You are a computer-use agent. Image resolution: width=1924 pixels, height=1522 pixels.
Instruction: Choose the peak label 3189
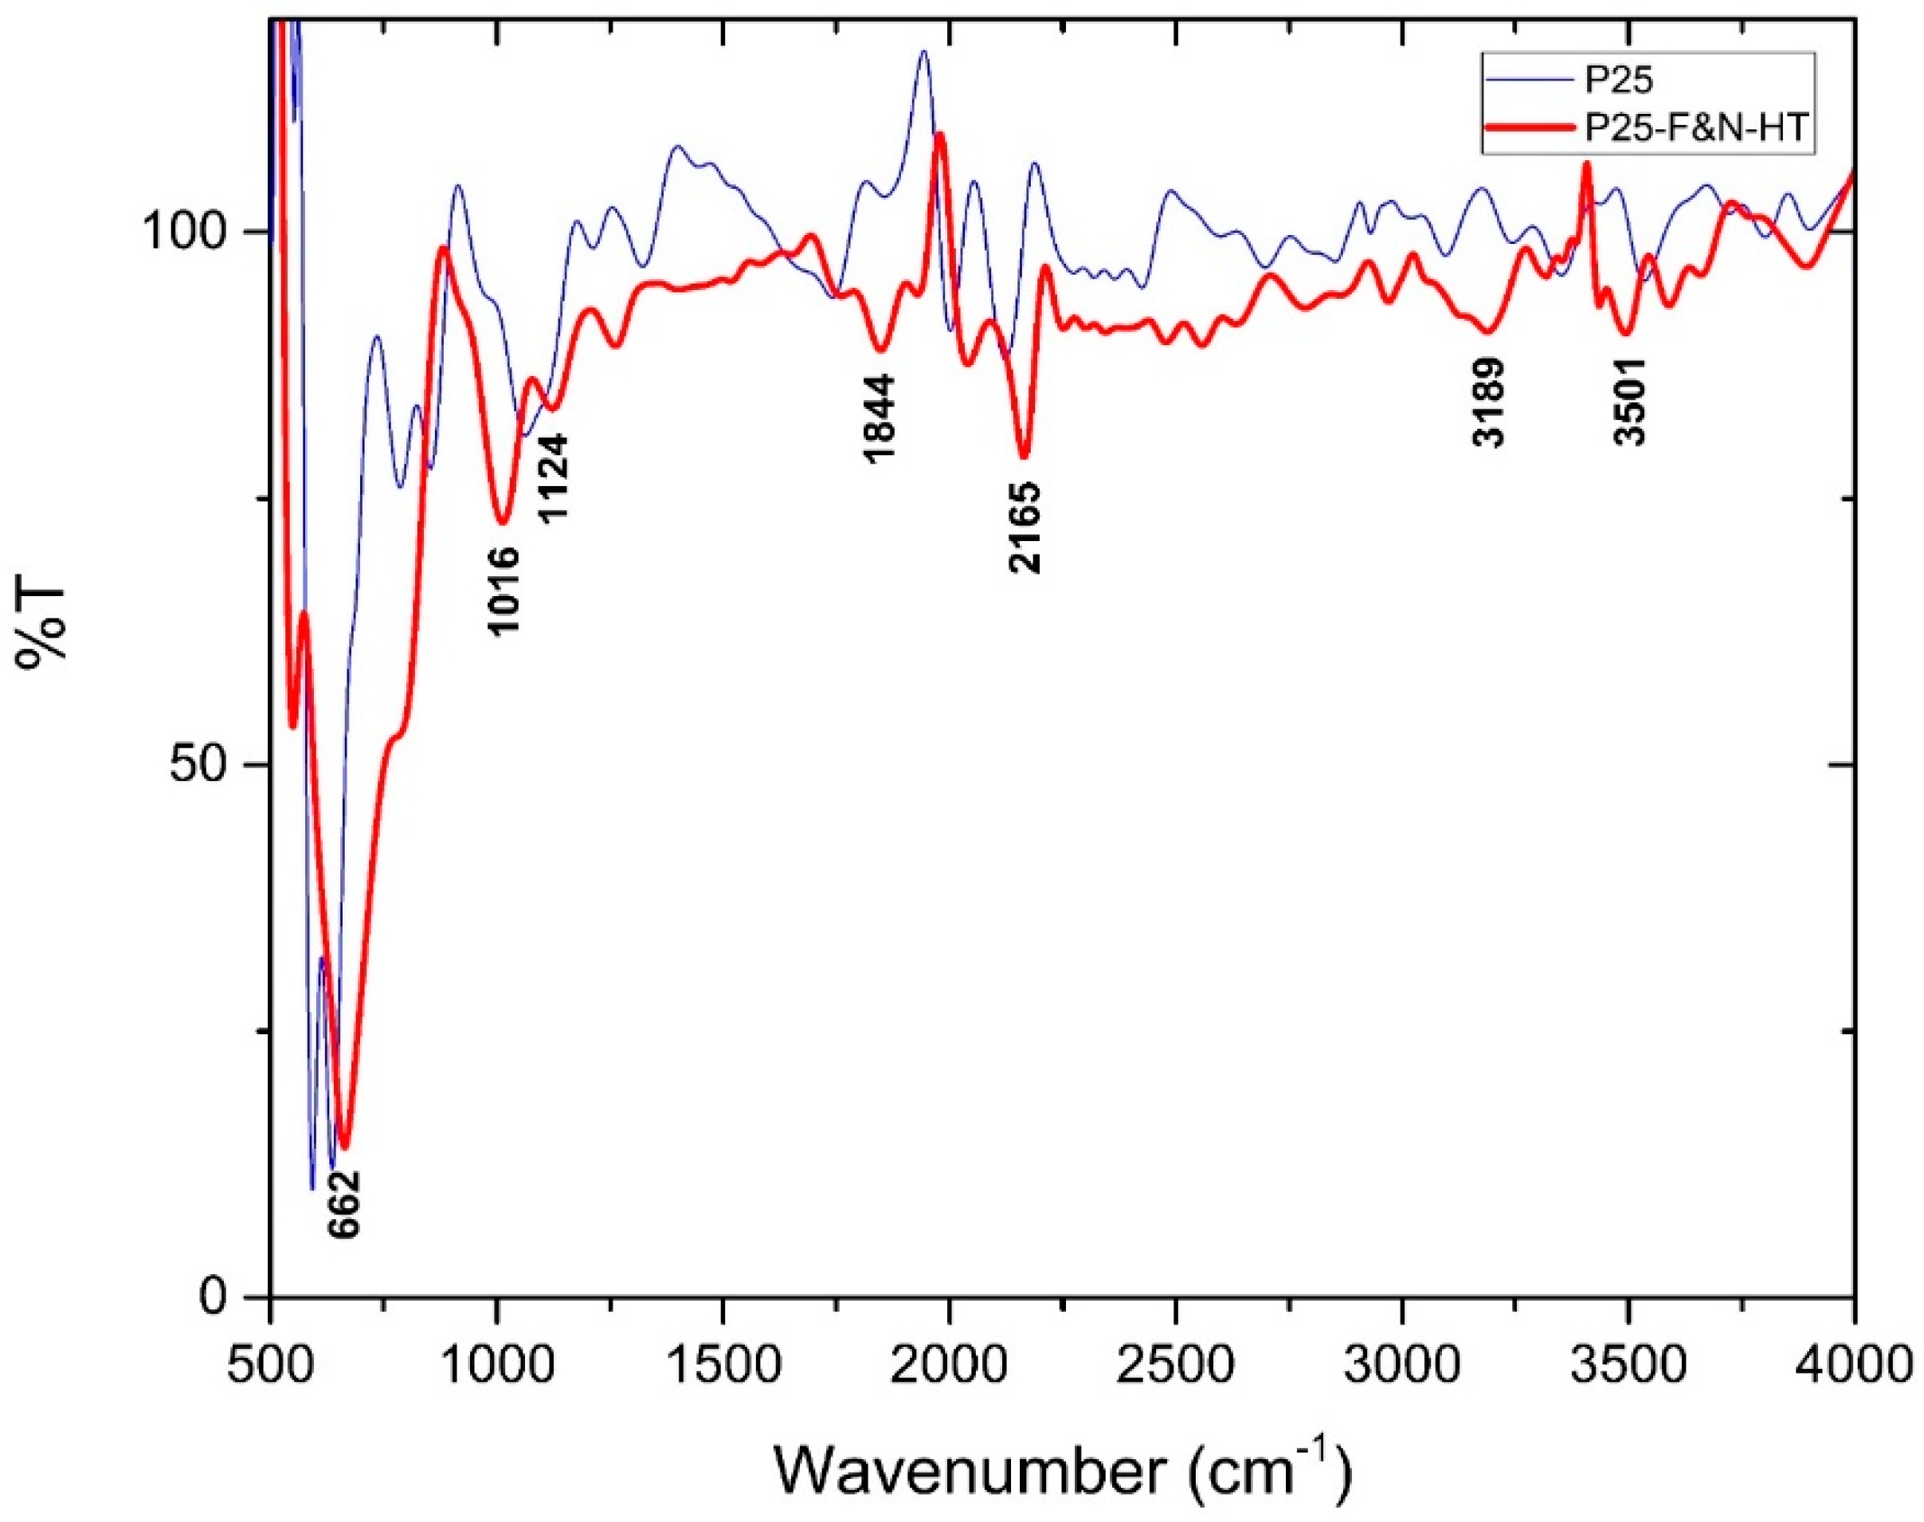[1488, 402]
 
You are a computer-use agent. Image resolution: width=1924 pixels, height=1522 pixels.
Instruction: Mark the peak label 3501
[1629, 402]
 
